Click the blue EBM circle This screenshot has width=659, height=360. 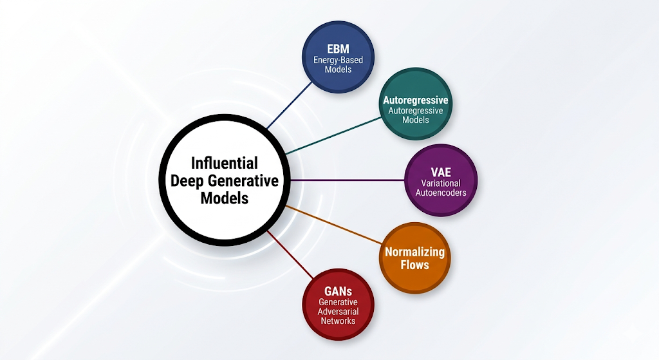[x=339, y=57]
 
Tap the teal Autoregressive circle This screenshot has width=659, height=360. [x=416, y=104]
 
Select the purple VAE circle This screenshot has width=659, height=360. [x=441, y=180]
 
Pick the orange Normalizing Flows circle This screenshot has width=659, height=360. [x=415, y=258]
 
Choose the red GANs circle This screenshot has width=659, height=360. [x=339, y=305]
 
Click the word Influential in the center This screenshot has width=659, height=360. [x=225, y=163]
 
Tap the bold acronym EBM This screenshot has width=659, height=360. [x=339, y=48]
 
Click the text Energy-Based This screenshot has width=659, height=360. [x=339, y=60]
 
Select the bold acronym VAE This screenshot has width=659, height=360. [x=441, y=172]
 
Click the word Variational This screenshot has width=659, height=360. [x=441, y=184]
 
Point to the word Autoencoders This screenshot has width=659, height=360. [x=441, y=193]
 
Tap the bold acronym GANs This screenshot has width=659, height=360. [x=339, y=291]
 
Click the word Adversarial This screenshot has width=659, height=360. [x=339, y=312]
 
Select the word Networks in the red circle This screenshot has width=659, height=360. [x=339, y=321]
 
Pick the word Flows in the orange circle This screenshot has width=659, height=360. [x=415, y=265]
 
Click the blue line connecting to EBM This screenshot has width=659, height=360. [x=289, y=106]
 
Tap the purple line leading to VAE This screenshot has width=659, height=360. [x=348, y=180]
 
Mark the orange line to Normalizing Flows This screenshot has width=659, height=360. [x=334, y=225]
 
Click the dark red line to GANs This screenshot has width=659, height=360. [x=290, y=254]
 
